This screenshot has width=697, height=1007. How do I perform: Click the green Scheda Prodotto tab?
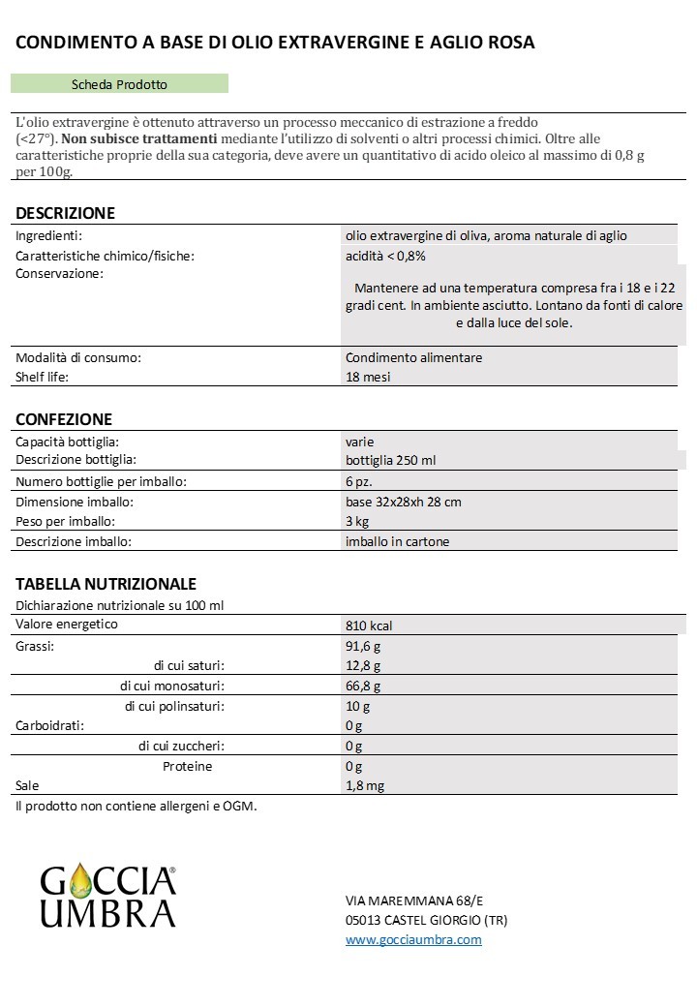point(119,84)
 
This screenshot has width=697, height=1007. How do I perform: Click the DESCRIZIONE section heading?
point(65,213)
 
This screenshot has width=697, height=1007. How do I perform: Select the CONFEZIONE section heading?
point(64,419)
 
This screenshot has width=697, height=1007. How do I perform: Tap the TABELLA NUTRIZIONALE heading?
point(106,584)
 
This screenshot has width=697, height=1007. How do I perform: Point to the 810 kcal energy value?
point(369,626)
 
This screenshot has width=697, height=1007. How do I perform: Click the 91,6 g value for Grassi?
point(363,646)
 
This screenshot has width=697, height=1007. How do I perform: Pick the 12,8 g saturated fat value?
point(363,666)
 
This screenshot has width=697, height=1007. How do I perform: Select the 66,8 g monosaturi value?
point(363,687)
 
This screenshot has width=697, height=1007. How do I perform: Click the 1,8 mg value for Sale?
point(365,786)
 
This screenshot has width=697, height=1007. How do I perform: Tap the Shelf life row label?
point(43,377)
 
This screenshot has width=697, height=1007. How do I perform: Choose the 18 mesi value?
point(368,377)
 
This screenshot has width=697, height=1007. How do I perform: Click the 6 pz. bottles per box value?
point(359,481)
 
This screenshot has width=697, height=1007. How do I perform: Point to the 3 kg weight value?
point(357,522)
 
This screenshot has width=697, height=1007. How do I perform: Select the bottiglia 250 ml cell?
point(396,459)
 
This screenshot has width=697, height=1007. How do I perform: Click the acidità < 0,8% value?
point(385,256)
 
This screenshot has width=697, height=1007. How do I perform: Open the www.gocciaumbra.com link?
point(413,939)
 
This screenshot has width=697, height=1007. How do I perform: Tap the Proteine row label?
point(187,766)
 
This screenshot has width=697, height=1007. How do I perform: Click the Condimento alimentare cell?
point(413,357)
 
